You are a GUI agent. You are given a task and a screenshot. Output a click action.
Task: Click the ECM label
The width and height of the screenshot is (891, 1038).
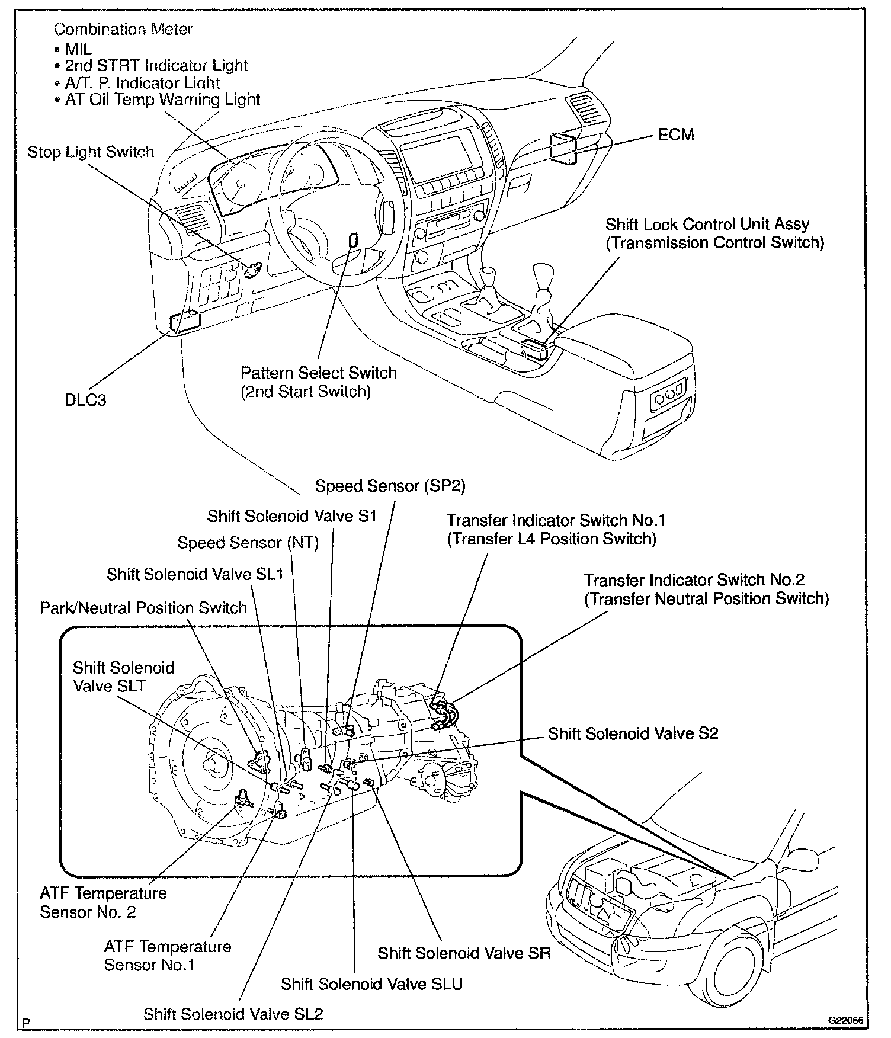pos(675,134)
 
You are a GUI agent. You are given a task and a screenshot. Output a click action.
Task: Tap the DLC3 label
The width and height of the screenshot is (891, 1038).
pos(85,400)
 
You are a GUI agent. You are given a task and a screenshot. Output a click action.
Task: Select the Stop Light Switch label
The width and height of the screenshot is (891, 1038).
pos(91,152)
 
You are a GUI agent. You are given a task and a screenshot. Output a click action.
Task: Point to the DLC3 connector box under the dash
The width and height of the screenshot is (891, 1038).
pos(185,321)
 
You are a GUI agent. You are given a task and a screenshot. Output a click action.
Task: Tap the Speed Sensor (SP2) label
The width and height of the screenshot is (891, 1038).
pos(390,486)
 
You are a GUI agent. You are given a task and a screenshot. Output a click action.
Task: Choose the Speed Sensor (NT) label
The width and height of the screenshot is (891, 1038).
pos(248,543)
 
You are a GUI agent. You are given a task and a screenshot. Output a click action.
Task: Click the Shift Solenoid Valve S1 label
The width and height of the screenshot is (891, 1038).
pos(291,515)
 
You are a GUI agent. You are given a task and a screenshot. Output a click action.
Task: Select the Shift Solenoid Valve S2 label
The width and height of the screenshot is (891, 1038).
pos(633,733)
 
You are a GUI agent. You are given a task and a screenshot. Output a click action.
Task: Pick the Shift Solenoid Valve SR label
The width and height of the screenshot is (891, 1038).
pos(464,953)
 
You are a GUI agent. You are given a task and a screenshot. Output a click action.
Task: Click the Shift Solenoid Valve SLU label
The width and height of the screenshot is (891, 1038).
pos(371,984)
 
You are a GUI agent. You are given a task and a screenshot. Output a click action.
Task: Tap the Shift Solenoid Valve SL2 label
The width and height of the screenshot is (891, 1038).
pos(233,1014)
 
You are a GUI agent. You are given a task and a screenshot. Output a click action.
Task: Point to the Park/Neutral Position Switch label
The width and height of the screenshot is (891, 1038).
pos(143,608)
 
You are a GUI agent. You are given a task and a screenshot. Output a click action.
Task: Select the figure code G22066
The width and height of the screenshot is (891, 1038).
pos(845,1020)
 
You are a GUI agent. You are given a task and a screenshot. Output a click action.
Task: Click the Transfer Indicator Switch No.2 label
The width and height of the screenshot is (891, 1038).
pos(706,589)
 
